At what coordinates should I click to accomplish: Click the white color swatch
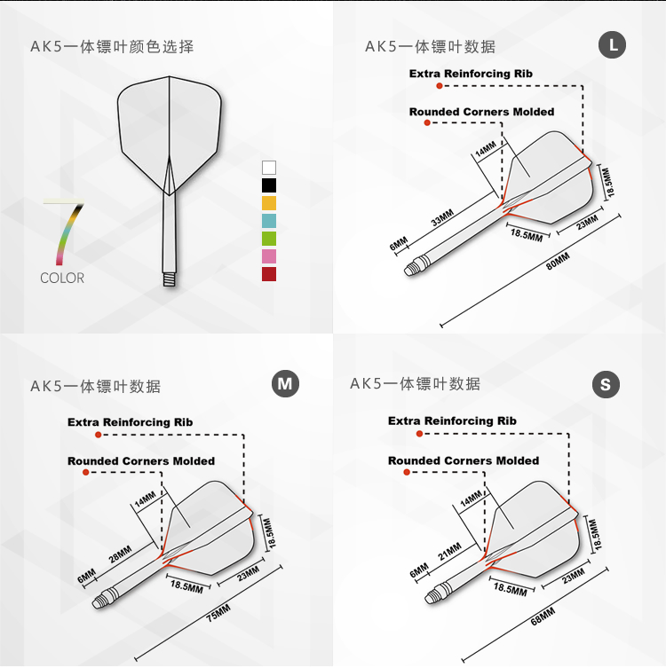coord(269,167)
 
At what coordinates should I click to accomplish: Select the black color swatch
coord(269,185)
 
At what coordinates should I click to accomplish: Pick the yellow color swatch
coord(269,202)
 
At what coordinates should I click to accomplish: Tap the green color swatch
coord(269,238)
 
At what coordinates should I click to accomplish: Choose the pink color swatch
coord(269,255)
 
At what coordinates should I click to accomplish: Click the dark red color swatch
coord(269,273)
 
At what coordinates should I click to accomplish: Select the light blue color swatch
coord(269,220)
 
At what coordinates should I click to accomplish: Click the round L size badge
coord(613,45)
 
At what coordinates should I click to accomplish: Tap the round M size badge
coord(285,384)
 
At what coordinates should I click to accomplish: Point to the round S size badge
coord(606,384)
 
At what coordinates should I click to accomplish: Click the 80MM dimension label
coord(559,263)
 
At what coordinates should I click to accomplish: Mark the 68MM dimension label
coord(543,617)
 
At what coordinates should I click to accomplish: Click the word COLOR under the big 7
coord(62,278)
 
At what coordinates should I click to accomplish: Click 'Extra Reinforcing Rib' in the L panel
coord(471,74)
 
